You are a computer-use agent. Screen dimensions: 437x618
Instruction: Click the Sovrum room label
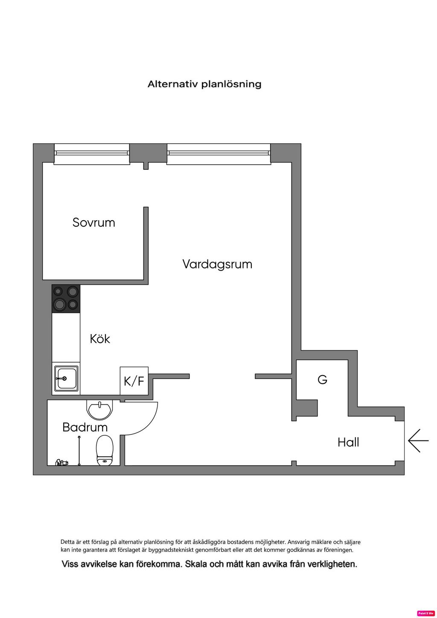(94, 222)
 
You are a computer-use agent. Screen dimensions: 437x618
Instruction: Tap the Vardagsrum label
(217, 264)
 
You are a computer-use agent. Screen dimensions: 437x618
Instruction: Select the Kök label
(100, 339)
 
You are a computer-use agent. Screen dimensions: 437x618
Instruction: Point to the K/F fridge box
(134, 381)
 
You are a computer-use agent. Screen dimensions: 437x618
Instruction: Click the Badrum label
(84, 427)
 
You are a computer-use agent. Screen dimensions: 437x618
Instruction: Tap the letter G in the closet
(322, 379)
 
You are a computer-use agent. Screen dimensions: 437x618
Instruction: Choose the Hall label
(348, 442)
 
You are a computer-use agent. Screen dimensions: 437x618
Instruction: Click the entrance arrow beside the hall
(418, 440)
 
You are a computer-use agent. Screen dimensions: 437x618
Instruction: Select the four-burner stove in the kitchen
(66, 298)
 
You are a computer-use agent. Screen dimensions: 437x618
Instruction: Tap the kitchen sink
(66, 379)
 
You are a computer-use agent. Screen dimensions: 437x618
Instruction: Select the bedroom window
(92, 154)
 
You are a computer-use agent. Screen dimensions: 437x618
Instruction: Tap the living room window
(218, 154)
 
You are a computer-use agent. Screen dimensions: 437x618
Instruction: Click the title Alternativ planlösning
(204, 84)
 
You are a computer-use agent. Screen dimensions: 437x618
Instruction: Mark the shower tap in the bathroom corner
(62, 462)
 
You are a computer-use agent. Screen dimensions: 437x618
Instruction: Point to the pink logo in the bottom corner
(425, 613)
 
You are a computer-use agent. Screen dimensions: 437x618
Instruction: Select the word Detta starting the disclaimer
(67, 542)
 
